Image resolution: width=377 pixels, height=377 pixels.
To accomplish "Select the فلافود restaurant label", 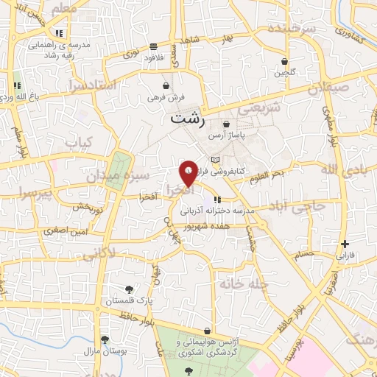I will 153,57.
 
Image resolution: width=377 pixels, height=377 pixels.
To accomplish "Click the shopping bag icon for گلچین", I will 283,61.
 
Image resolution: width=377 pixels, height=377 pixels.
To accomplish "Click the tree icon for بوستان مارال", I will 105,339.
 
